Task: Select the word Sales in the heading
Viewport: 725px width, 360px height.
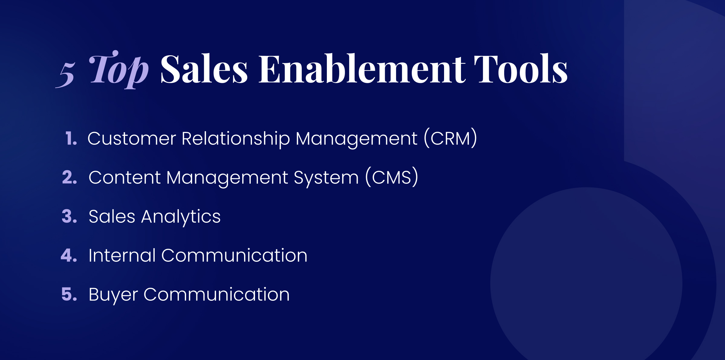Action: click(x=204, y=69)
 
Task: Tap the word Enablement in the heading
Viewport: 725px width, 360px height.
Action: click(x=362, y=69)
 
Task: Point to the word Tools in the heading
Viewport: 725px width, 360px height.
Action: click(x=520, y=69)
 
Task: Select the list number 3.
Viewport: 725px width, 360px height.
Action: click(x=69, y=216)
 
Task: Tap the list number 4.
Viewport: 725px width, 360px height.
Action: click(x=69, y=255)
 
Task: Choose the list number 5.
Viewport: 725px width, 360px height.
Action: click(x=69, y=294)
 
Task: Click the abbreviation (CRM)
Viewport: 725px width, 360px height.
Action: click(x=450, y=138)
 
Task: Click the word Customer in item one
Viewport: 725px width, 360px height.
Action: click(x=132, y=138)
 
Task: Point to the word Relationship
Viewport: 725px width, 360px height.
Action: click(x=236, y=139)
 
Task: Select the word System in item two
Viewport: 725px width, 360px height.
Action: click(x=326, y=178)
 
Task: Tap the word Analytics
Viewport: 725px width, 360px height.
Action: click(x=181, y=217)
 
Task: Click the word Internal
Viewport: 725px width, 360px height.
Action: click(x=122, y=255)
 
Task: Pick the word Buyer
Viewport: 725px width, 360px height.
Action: click(x=113, y=295)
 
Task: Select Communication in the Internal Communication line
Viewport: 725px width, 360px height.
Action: click(x=234, y=255)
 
